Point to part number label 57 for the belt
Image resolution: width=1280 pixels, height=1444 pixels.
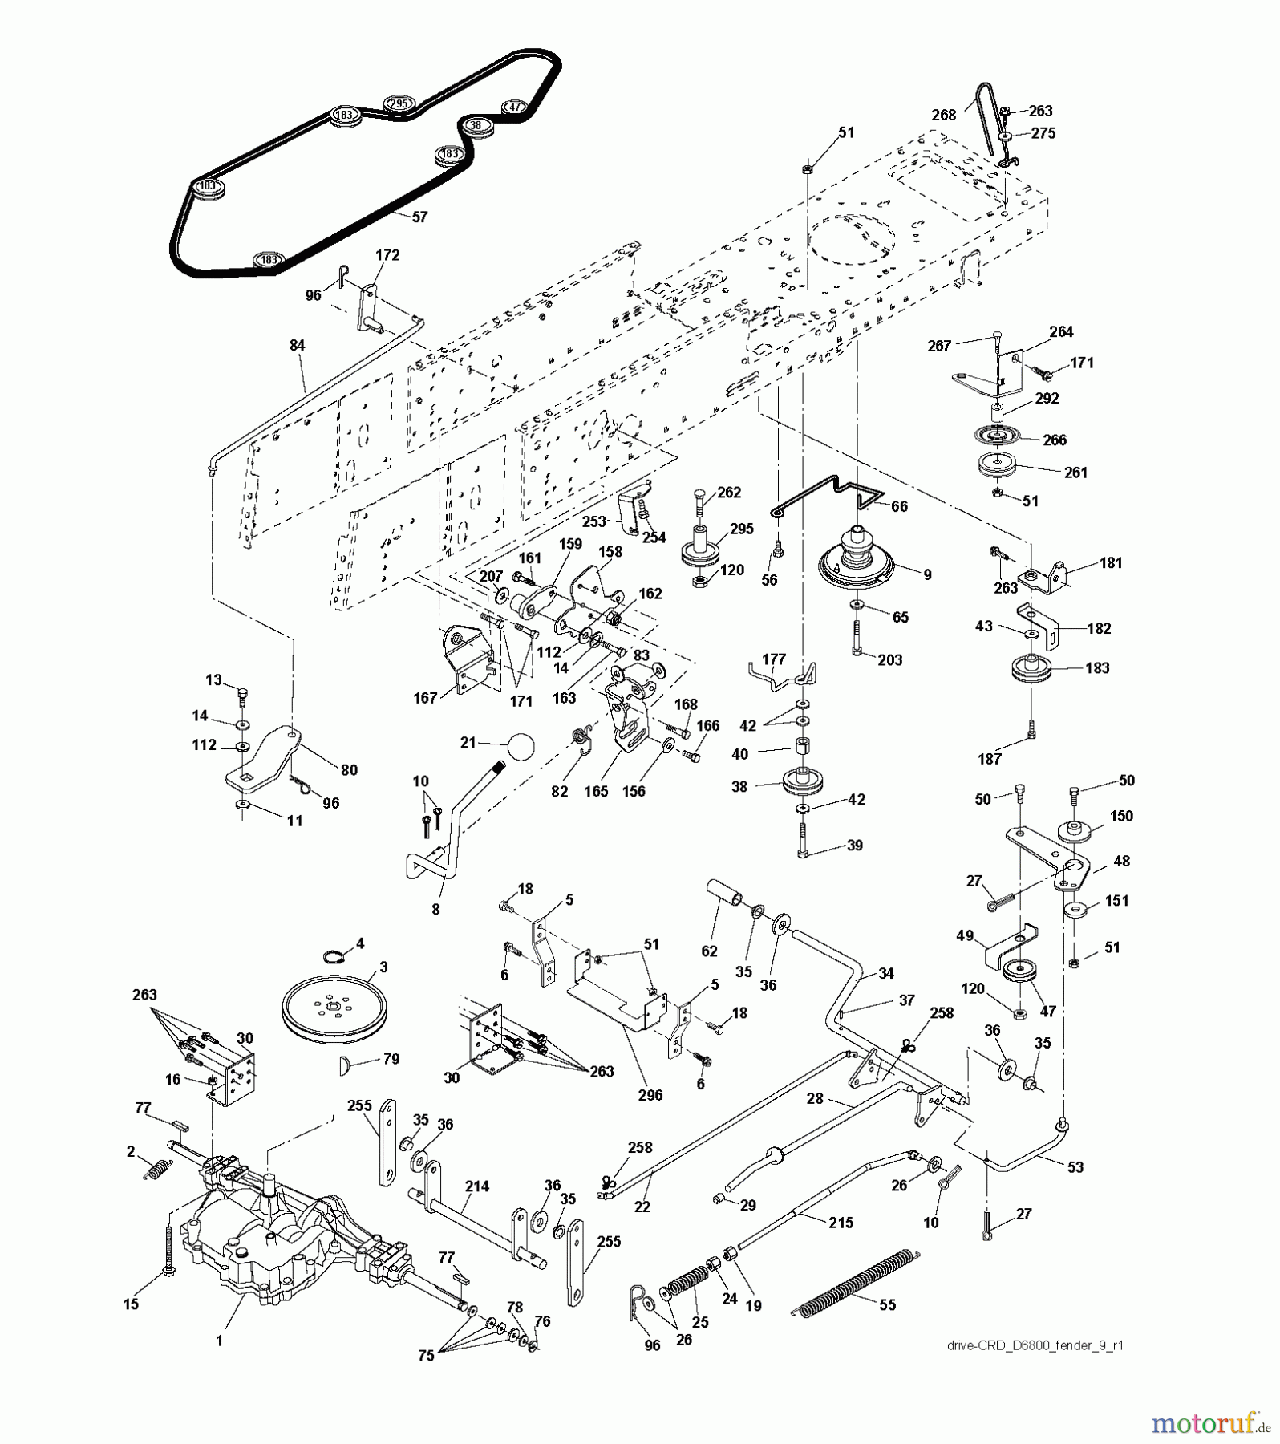click(419, 217)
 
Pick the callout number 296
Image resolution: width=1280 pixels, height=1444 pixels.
click(650, 1094)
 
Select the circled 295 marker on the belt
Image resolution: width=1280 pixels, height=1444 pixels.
click(398, 103)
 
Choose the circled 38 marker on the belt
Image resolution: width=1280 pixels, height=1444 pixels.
click(476, 125)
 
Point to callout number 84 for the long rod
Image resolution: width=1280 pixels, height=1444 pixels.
click(298, 345)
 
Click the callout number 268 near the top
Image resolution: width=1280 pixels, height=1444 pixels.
click(944, 115)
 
